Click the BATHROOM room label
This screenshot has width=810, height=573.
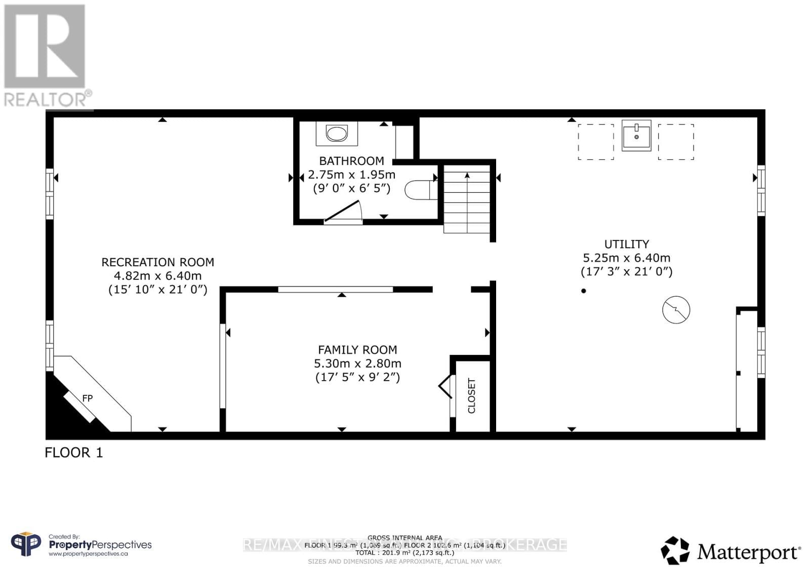pyautogui.click(x=351, y=161)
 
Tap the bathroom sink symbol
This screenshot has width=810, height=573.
pyautogui.click(x=337, y=134)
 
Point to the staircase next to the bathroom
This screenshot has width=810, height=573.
pyautogui.click(x=467, y=201)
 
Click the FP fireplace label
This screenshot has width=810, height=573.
pyautogui.click(x=88, y=398)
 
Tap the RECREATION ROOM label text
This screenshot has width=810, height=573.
pyautogui.click(x=158, y=262)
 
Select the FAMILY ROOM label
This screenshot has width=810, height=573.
pyautogui.click(x=357, y=350)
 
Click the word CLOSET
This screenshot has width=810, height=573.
pyautogui.click(x=472, y=396)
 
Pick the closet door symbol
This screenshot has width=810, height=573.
pyautogui.click(x=446, y=387)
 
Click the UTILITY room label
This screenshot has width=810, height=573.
pyautogui.click(x=626, y=244)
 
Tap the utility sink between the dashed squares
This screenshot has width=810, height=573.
pyautogui.click(x=636, y=135)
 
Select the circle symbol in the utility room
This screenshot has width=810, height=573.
pyautogui.click(x=676, y=309)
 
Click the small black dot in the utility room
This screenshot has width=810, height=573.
pyautogui.click(x=584, y=291)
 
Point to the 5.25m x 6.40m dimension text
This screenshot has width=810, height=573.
pyautogui.click(x=626, y=258)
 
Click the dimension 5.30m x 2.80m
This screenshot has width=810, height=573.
pyautogui.click(x=357, y=363)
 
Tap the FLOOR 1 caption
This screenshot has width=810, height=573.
pyautogui.click(x=74, y=453)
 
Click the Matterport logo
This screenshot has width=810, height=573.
pyautogui.click(x=731, y=551)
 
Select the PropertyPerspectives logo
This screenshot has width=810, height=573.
pyautogui.click(x=81, y=545)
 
